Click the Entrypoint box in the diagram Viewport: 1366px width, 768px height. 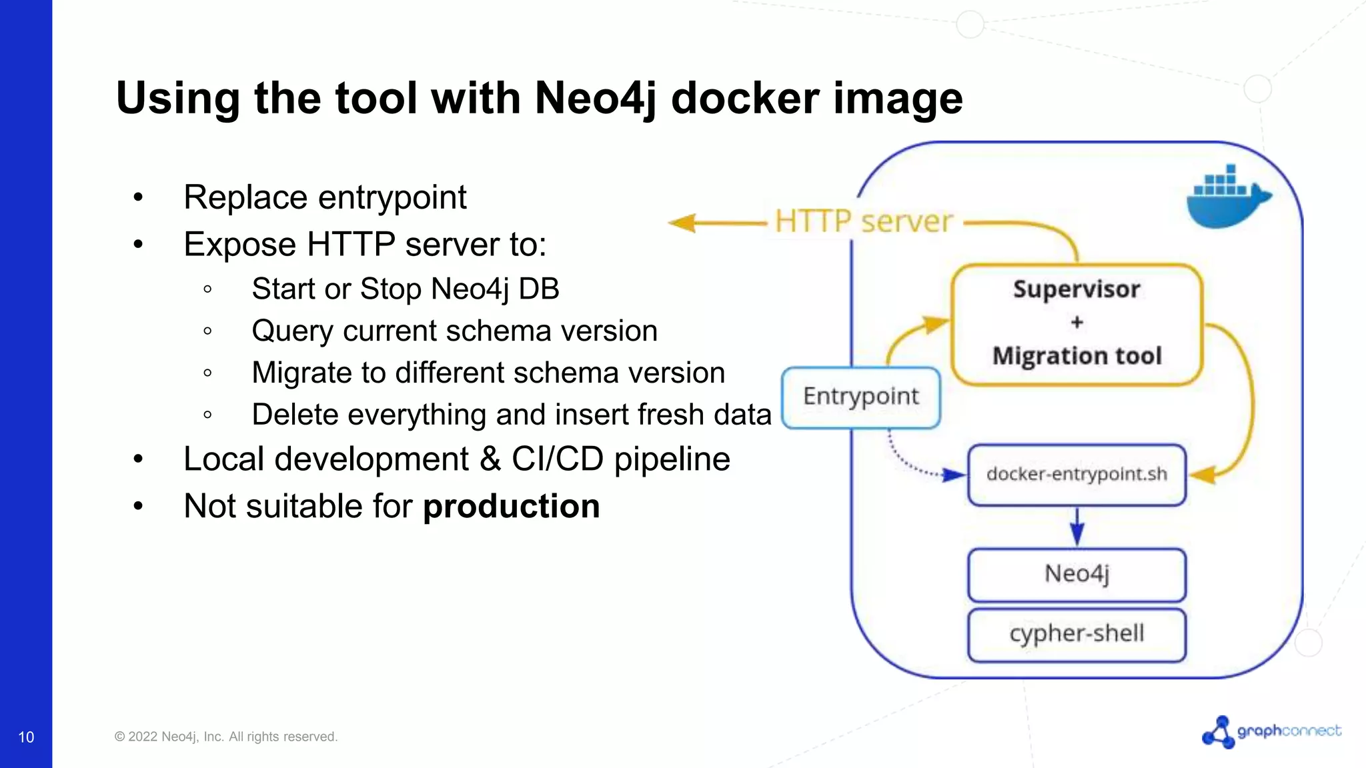click(x=860, y=397)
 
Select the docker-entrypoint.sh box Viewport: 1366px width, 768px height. click(x=1077, y=475)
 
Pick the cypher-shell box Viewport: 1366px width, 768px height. click(x=1077, y=634)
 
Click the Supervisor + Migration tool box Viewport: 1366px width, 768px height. click(x=1077, y=324)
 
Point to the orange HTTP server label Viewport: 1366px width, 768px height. click(x=863, y=221)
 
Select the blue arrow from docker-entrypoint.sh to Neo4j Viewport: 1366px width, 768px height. click(x=1077, y=527)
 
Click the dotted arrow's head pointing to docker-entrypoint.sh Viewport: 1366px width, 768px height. click(x=954, y=475)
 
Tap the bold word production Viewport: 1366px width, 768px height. click(x=512, y=506)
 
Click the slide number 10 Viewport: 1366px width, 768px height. click(x=26, y=737)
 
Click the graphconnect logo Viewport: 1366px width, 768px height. click(x=1271, y=732)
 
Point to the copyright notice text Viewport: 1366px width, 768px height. click(x=225, y=737)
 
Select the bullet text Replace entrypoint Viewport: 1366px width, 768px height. click(x=325, y=197)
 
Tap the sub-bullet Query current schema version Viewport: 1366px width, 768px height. click(x=454, y=331)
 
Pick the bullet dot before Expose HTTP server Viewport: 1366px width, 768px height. click(x=138, y=245)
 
